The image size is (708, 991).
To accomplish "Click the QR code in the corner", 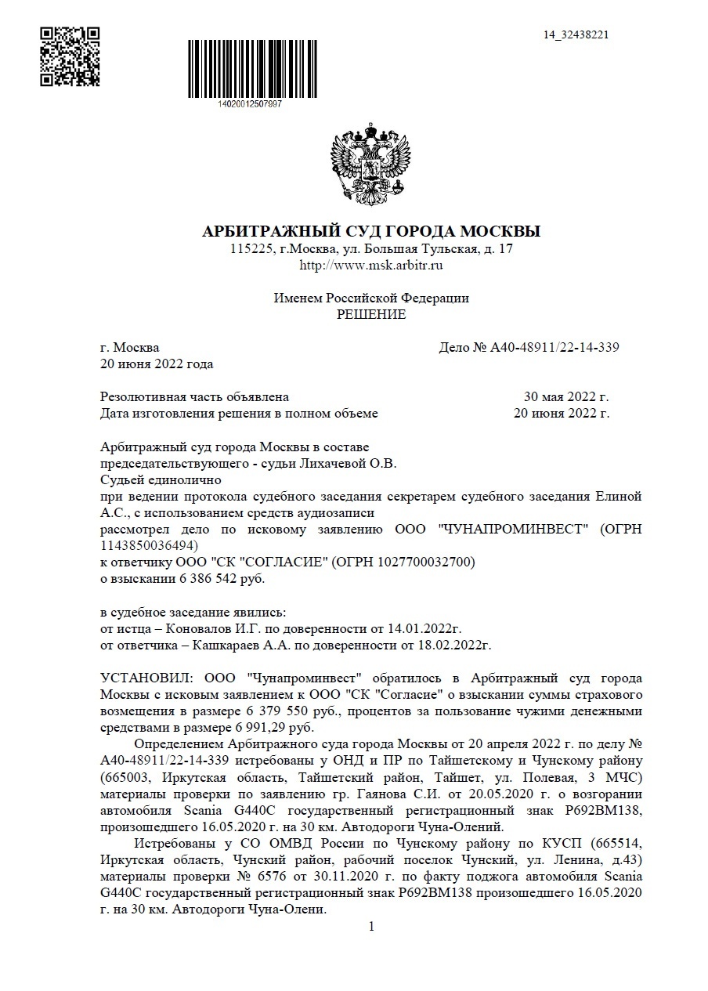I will pos(70,56).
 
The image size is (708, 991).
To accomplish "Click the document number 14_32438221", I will pos(576,34).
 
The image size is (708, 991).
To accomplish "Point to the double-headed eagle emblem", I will pos(370,163).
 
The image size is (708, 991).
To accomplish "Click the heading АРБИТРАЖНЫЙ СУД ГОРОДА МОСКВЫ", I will pos(371,232).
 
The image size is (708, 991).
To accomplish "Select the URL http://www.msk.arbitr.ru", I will pos(371,266).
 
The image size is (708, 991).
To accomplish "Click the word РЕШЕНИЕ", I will pos(371,315).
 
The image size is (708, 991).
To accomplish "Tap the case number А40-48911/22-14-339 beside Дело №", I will pos(555,348).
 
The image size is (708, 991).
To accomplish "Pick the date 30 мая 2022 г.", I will pos(565,397).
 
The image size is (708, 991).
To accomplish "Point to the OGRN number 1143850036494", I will pos(148,545).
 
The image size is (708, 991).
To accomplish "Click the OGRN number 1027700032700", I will pos(421,562).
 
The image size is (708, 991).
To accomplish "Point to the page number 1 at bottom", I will pos(371,927).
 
